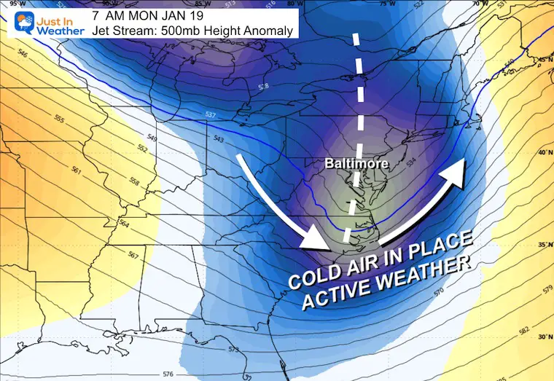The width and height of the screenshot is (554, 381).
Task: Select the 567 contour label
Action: tap(133, 255)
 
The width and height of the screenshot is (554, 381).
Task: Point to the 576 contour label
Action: tap(168, 374)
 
